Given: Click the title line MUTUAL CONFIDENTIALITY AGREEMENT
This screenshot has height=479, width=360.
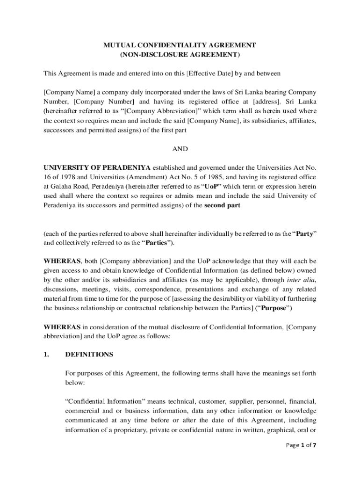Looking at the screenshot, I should point(180,45).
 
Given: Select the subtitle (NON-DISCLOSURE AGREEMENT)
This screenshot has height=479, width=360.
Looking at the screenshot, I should point(180,55).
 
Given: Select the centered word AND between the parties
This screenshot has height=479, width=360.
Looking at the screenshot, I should point(180,149).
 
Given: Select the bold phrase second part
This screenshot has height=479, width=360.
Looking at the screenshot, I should point(223,205).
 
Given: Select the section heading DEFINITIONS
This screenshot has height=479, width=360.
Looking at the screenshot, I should point(89,355).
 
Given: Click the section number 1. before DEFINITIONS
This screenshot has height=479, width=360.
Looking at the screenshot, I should point(46,355).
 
